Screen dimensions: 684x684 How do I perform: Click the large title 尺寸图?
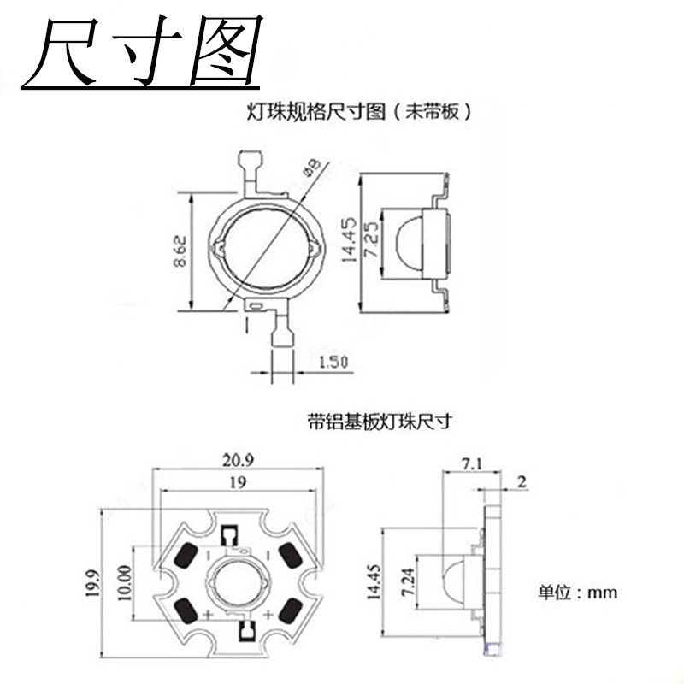pyautogui.click(x=141, y=53)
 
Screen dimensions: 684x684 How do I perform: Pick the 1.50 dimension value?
pyautogui.click(x=333, y=363)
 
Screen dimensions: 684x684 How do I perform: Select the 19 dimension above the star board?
pyautogui.click(x=238, y=482)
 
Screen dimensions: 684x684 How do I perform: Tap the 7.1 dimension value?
pyautogui.click(x=472, y=464)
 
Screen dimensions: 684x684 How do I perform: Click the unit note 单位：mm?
pyautogui.click(x=577, y=592)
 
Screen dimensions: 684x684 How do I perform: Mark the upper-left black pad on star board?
pyautogui.click(x=186, y=557)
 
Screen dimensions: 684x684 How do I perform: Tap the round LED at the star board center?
pyautogui.click(x=239, y=584)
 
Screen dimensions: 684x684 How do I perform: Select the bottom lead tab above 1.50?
pyautogui.click(x=280, y=336)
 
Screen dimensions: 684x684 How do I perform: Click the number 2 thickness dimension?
pyautogui.click(x=522, y=481)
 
